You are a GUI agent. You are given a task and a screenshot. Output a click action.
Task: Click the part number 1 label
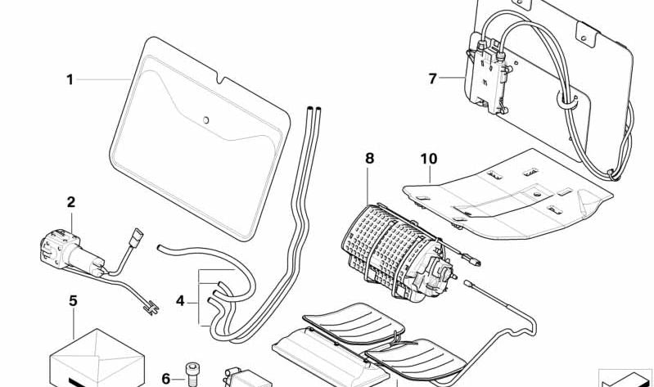coord(70,79)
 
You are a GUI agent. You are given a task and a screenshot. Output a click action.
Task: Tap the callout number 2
coord(70,201)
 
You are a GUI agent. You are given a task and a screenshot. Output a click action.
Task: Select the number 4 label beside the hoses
coord(180,301)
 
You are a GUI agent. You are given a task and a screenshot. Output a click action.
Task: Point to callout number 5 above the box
coord(73,301)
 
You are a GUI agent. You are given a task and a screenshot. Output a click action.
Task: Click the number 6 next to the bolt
coord(166,378)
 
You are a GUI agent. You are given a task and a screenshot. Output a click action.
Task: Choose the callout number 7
coord(433,79)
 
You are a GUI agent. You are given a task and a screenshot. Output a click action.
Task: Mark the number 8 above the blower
coord(369,158)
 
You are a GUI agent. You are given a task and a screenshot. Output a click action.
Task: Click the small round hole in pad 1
coord(206,121)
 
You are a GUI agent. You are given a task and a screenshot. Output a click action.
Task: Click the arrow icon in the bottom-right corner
coord(626,377)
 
